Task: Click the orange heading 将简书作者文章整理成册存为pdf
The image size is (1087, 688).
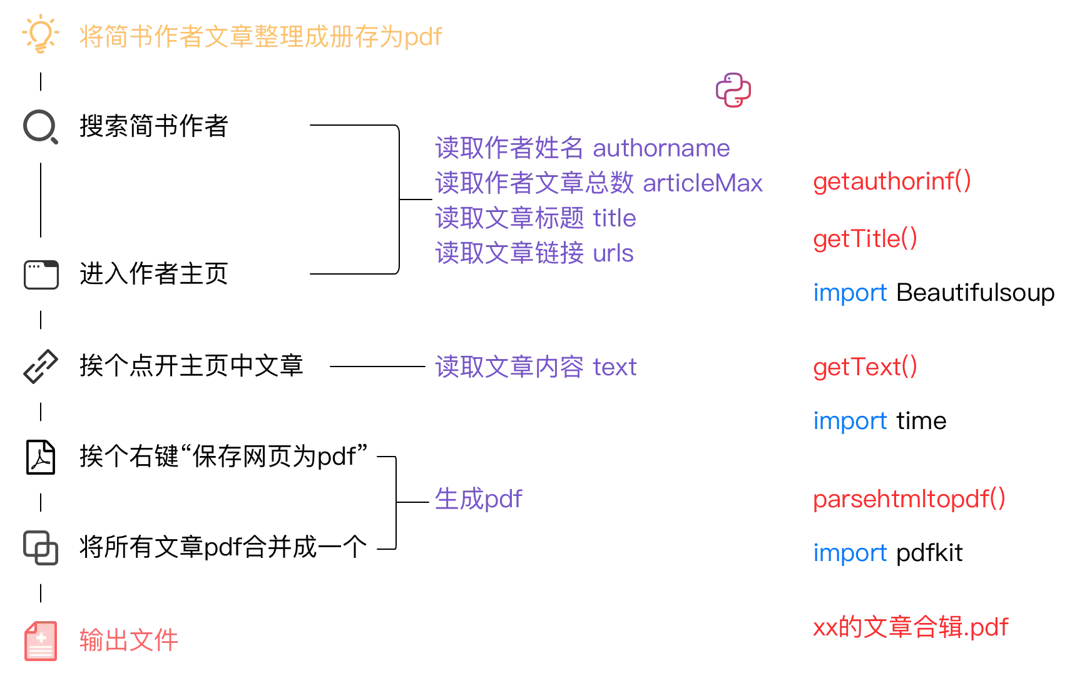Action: [x=259, y=36]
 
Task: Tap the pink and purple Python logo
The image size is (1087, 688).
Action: [x=733, y=90]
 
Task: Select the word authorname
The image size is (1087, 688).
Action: [x=660, y=149]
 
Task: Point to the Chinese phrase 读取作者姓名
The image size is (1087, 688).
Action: [x=509, y=149]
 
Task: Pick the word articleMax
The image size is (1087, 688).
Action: [x=703, y=184]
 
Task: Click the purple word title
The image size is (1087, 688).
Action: [x=614, y=218]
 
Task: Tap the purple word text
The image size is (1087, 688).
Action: [x=615, y=366]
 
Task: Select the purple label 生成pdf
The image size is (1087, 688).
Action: [x=479, y=499]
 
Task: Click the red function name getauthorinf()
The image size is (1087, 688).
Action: [x=891, y=181]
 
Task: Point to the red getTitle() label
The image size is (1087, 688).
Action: [x=864, y=239]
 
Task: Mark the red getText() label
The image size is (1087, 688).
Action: [x=864, y=367]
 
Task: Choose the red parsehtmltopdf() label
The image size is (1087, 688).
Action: [x=909, y=499]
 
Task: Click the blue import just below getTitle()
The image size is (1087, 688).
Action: [x=850, y=293]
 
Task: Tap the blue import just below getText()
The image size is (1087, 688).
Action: [x=850, y=421]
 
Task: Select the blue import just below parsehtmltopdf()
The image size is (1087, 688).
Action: [x=850, y=554]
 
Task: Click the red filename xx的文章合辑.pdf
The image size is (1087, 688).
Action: [x=911, y=627]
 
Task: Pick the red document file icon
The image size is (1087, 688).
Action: [x=41, y=642]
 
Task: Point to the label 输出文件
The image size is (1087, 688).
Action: [x=130, y=641]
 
